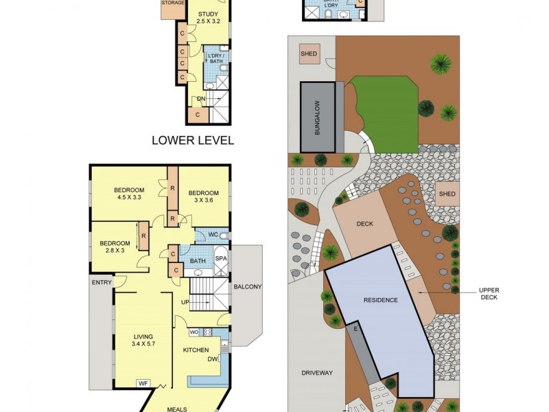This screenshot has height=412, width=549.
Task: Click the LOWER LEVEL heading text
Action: click(x=193, y=141)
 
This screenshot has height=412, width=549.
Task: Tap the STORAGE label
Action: click(x=173, y=3)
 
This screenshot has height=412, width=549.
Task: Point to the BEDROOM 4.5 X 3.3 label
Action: click(x=129, y=194)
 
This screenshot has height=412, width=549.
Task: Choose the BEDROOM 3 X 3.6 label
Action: click(x=203, y=196)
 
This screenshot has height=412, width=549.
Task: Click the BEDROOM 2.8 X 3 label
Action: click(x=115, y=247)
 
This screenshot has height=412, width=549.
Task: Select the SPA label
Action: click(x=221, y=259)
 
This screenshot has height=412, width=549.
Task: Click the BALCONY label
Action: click(x=248, y=287)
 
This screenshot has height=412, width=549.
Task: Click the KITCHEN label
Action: click(x=196, y=350)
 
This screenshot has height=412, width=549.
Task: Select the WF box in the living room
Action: click(x=143, y=384)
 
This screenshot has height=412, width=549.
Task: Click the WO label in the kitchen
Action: click(x=194, y=332)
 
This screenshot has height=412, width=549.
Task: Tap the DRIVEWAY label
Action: click(x=316, y=373)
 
